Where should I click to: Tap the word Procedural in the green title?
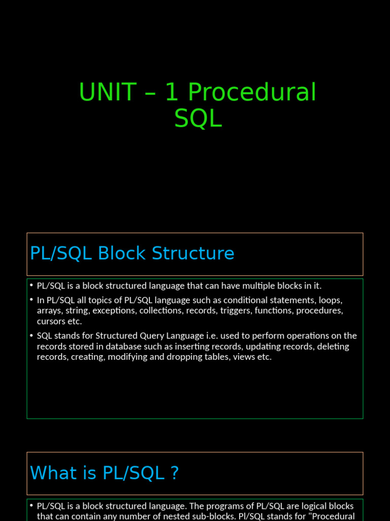(x=252, y=93)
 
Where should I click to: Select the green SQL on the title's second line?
(x=198, y=119)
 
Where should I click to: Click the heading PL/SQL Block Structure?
(x=132, y=253)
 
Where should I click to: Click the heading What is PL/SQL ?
(x=104, y=473)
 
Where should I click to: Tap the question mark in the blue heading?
(x=174, y=473)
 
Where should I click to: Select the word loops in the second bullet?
(x=330, y=300)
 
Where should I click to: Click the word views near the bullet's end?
(x=243, y=357)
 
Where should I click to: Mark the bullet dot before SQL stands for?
(x=31, y=336)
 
